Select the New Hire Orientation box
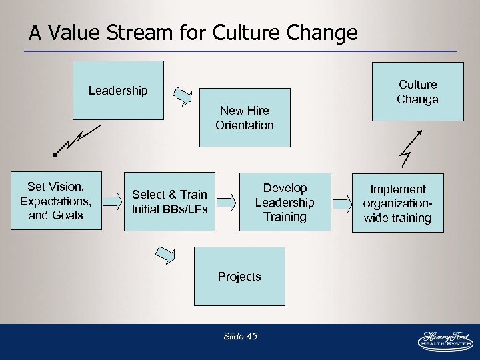[245, 118]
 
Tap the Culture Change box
[417, 92]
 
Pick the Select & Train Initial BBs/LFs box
[170, 201]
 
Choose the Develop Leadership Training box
[285, 202]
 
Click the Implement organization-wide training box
[397, 203]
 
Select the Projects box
[239, 276]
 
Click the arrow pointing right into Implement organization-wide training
[341, 202]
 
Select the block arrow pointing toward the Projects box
[165, 253]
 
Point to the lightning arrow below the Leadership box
[73, 141]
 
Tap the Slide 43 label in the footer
[240, 336]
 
